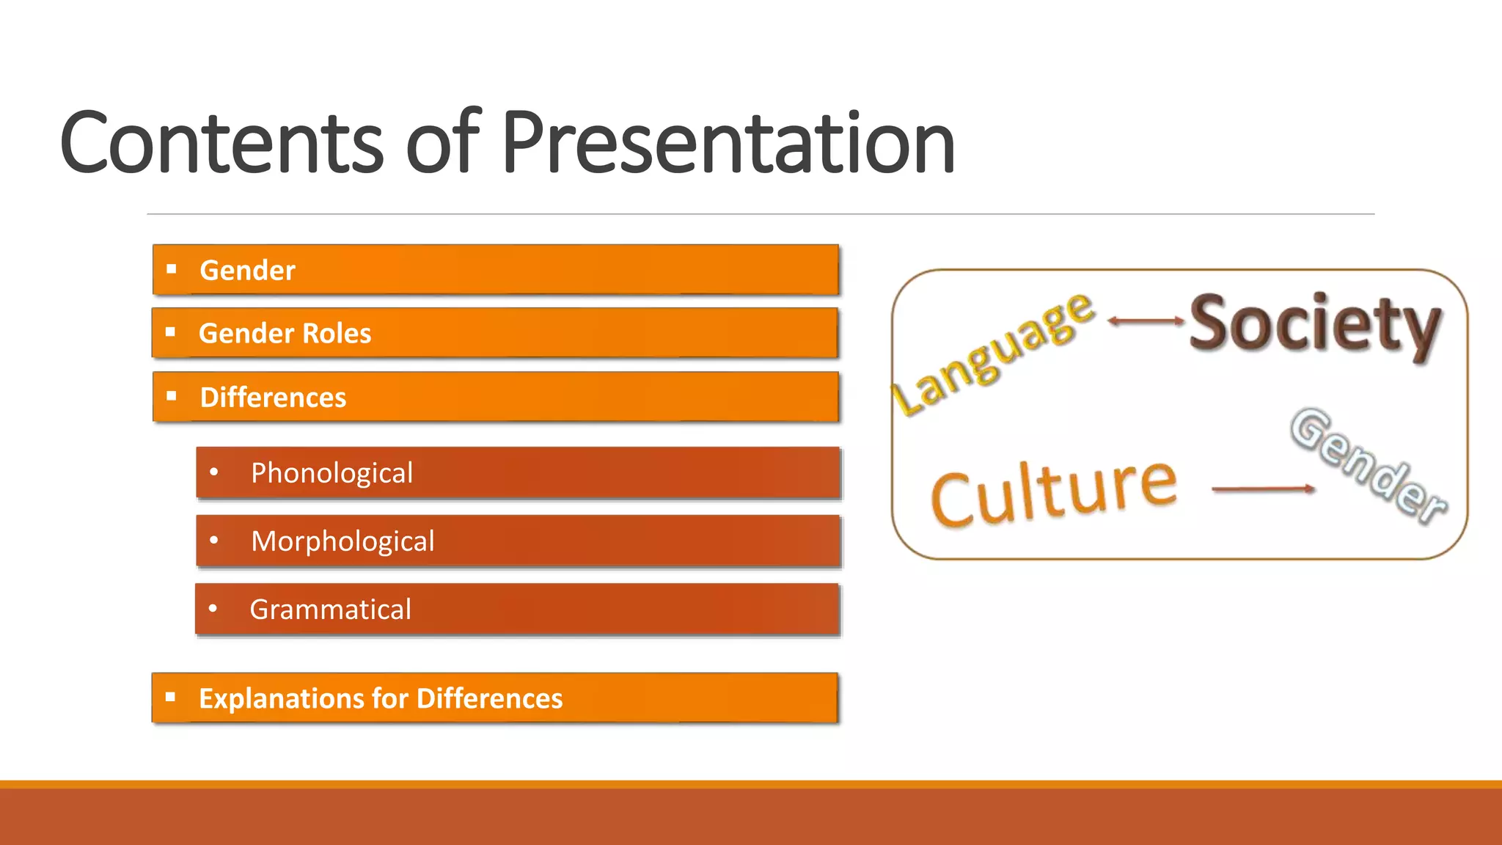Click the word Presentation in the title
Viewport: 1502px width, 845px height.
(x=728, y=143)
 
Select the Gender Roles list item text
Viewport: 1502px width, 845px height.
(x=285, y=334)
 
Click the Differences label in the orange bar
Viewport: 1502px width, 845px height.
(x=273, y=398)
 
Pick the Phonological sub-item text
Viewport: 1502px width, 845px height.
(x=331, y=473)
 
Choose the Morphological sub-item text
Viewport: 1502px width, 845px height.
(x=342, y=541)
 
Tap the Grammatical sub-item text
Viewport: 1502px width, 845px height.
(x=330, y=610)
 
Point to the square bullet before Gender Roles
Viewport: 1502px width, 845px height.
(x=171, y=332)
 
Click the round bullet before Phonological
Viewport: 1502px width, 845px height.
(x=213, y=472)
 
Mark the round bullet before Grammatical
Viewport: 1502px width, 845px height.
(x=213, y=608)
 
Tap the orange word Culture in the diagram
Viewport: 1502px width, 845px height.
(x=1054, y=491)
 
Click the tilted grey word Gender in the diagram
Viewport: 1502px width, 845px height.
(x=1367, y=467)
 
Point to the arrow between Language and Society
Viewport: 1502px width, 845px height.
(x=1145, y=321)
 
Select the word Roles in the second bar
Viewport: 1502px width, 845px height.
(x=337, y=334)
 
